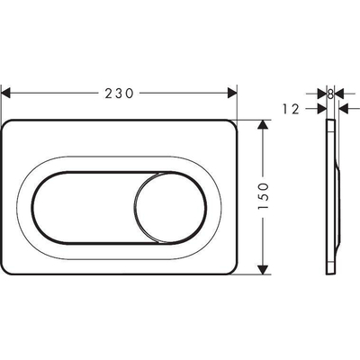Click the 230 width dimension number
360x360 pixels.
click(121, 93)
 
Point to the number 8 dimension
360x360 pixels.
click(331, 93)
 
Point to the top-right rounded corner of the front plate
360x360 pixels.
click(233, 125)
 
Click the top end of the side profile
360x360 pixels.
click(329, 121)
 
